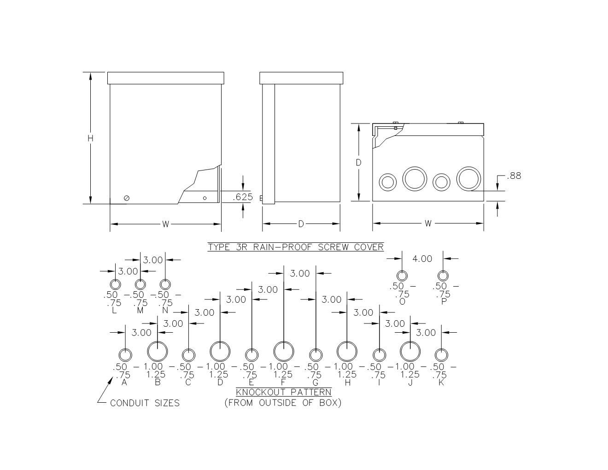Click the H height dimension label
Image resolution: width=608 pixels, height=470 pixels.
click(x=90, y=138)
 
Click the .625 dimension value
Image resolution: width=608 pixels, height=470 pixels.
click(x=243, y=197)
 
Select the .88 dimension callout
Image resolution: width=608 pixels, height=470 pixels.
click(x=514, y=176)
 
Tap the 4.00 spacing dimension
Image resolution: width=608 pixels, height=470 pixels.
click(x=422, y=258)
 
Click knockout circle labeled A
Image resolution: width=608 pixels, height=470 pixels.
click(x=125, y=349)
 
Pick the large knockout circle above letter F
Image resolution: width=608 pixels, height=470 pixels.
click(x=284, y=342)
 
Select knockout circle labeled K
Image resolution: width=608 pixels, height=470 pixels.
click(x=441, y=349)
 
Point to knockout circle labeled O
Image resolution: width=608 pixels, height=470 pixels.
click(x=402, y=271)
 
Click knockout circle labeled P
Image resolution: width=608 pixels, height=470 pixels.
click(x=443, y=271)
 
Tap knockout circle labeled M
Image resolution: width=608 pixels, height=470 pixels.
click(x=140, y=279)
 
